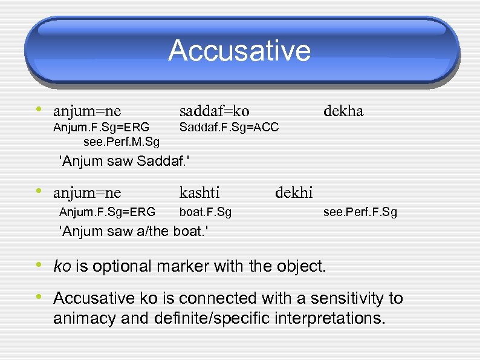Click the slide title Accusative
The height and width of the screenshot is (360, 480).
pos(239,51)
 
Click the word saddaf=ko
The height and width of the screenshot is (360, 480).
pos(214,111)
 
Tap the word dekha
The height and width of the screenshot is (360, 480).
pos(343,111)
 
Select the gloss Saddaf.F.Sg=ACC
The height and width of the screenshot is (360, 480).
pos(229,127)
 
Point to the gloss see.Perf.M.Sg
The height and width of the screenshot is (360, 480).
pos(122,142)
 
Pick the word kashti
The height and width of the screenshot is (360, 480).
pos(199,193)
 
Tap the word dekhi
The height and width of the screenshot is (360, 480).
pos(294,193)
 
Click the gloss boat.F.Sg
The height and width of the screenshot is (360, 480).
pos(206,212)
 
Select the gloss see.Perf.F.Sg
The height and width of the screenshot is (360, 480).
pos(360,212)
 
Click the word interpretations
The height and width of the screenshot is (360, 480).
pos(331,318)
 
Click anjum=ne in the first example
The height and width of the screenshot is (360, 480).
pos(87,111)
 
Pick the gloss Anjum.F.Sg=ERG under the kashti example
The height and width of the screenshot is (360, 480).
pos(107,212)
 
